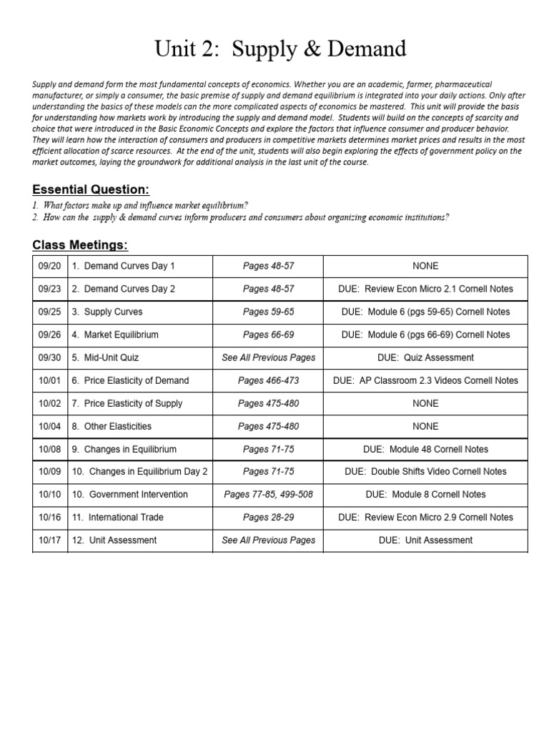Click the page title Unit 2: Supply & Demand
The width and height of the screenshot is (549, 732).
coord(280,49)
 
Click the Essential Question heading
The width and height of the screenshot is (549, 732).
coord(91,189)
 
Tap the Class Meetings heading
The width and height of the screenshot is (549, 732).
coord(80,245)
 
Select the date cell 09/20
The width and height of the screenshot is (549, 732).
coord(49,266)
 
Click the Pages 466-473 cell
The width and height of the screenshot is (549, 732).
coord(268,380)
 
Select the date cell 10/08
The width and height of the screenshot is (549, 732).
coord(49,449)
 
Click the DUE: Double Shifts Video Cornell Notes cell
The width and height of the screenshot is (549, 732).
coord(425,472)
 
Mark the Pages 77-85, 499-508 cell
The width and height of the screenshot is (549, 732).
coord(268,495)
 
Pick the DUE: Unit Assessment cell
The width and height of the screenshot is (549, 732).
coord(425,540)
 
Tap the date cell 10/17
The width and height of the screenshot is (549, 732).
coord(49,540)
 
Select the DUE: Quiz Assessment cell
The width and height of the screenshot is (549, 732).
coord(425,357)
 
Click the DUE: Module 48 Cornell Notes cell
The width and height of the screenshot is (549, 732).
coord(425,449)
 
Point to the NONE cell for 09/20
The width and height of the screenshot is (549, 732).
coord(425,266)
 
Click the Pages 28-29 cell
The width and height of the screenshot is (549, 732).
coord(268,518)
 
